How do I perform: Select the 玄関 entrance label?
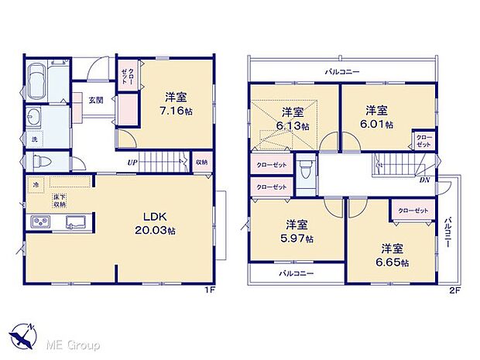click(x=95, y=100)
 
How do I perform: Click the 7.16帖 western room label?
click(x=176, y=105)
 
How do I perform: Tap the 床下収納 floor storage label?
click(x=60, y=202)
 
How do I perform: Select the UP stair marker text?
click(x=133, y=163)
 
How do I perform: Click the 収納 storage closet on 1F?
click(x=201, y=162)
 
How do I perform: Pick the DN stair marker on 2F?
click(x=425, y=180)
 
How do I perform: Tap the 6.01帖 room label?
click(x=377, y=117)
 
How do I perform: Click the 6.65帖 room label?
click(x=393, y=255)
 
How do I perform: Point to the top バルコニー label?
click(x=341, y=71)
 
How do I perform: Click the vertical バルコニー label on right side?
click(x=448, y=232)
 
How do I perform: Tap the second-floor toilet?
click(x=307, y=173)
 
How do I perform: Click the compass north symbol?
click(x=23, y=336)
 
